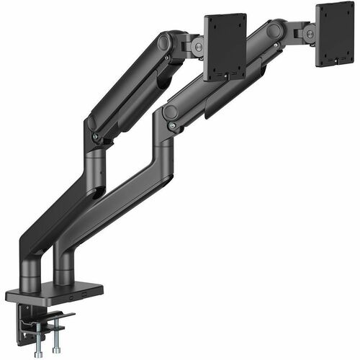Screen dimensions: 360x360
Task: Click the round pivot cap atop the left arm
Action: pyautogui.click(x=164, y=42)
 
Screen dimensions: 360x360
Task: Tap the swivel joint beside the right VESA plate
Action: pyautogui.click(x=307, y=32)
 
